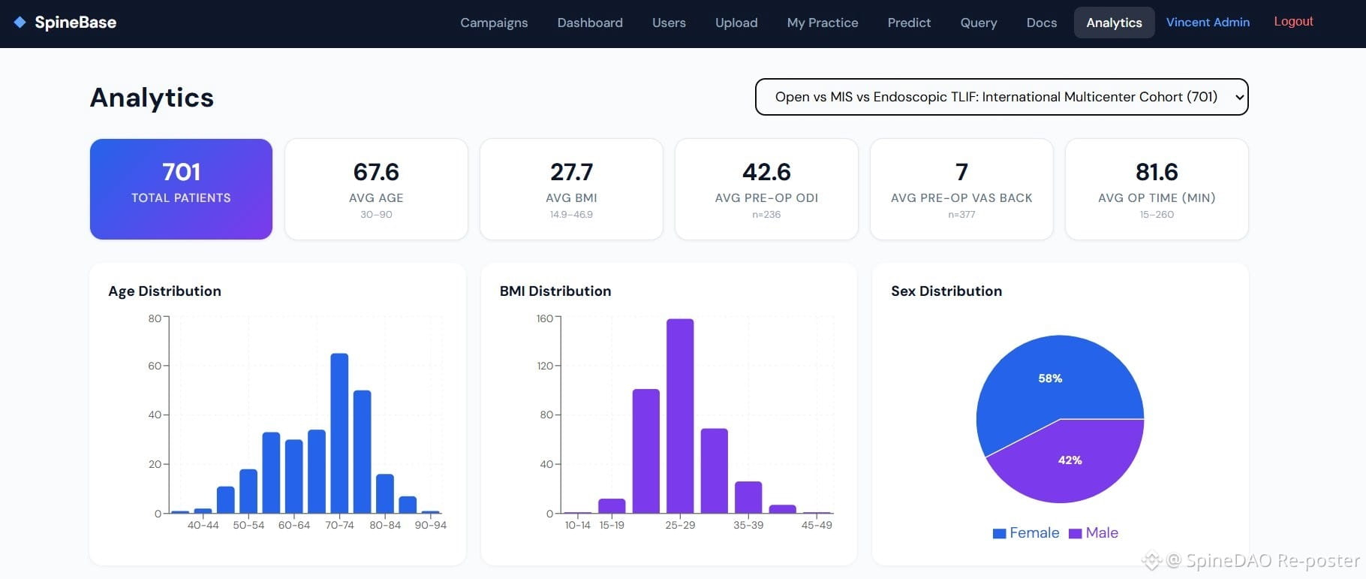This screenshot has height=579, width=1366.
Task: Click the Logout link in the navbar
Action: (1293, 22)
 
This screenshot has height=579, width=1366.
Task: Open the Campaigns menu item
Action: (494, 23)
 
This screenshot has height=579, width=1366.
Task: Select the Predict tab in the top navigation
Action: (909, 23)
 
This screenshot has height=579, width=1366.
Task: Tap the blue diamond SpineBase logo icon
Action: (20, 23)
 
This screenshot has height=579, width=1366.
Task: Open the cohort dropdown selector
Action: (1001, 97)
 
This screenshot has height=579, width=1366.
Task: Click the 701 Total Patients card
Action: (181, 189)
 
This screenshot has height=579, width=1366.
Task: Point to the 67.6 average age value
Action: (376, 172)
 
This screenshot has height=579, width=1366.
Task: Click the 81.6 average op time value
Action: (1157, 172)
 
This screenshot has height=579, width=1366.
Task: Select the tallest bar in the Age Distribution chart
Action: (339, 433)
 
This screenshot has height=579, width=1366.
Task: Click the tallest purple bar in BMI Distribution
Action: (680, 416)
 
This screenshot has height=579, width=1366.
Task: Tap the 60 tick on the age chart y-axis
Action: (155, 366)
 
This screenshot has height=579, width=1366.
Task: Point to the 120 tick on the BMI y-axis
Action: (546, 366)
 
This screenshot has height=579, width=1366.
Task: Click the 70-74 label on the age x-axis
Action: (339, 525)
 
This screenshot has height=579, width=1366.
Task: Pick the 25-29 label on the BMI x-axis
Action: (680, 525)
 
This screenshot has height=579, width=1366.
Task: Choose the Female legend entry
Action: (1026, 533)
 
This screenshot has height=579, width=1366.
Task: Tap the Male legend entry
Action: (1094, 533)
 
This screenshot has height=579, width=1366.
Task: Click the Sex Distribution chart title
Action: (946, 291)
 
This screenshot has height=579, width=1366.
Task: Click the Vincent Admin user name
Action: (1208, 23)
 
